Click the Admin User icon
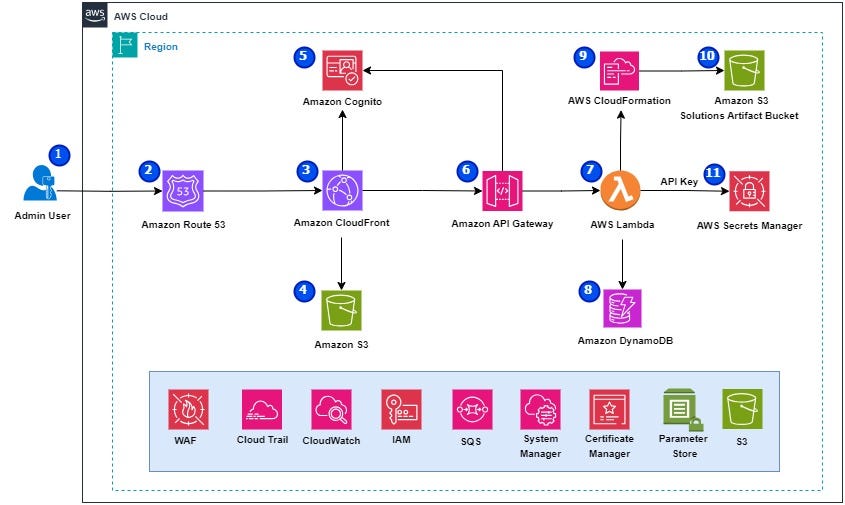coord(40,183)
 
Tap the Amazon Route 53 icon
coord(183,191)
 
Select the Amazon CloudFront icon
coord(342,190)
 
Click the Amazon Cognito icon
coord(342,70)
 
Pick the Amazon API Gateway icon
coord(502,191)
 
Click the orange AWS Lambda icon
coord(620,190)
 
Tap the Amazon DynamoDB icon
coord(622,308)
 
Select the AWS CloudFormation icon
coord(619,71)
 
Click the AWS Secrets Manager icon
coord(749,191)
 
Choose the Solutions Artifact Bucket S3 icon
coord(744,70)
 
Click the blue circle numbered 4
coord(304,291)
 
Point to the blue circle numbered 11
coord(714,174)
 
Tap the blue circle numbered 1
coord(59,155)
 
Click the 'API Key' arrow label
coord(679,182)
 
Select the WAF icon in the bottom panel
coord(188,410)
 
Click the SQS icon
coord(472,410)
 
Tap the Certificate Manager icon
coord(609,410)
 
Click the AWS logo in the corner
coord(95,15)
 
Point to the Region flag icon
coord(125,45)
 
